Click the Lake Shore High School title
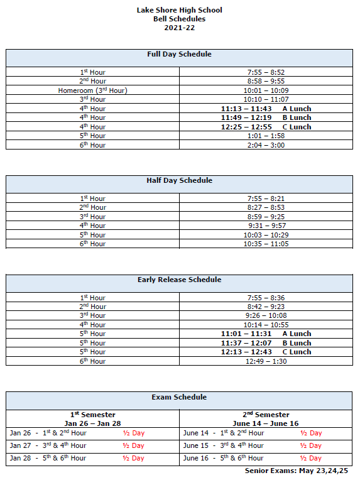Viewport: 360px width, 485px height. pos(179,10)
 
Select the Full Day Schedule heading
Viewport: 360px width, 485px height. pos(179,54)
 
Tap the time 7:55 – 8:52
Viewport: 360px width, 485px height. pos(266,72)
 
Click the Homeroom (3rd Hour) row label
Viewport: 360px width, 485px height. pos(93,90)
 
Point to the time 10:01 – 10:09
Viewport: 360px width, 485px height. pos(266,90)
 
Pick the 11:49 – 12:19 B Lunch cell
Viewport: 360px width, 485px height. pos(266,117)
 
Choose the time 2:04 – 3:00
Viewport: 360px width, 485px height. pos(266,145)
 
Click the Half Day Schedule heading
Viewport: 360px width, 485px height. pos(179,180)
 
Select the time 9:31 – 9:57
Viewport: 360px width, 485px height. pos(266,226)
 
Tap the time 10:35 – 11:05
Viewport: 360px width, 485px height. pos(266,244)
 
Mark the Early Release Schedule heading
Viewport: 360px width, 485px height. pos(179,280)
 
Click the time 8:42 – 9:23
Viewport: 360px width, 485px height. pos(266,307)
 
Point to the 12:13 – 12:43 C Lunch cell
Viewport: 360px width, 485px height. pos(266,352)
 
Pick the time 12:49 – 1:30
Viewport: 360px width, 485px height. pos(266,361)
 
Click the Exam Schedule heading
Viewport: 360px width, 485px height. pos(179,397)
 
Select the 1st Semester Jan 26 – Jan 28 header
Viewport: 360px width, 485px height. pos(92,419)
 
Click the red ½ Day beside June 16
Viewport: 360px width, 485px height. pos(310,458)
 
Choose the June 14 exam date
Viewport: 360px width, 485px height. pos(195,433)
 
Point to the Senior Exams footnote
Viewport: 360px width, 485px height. pos(296,471)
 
